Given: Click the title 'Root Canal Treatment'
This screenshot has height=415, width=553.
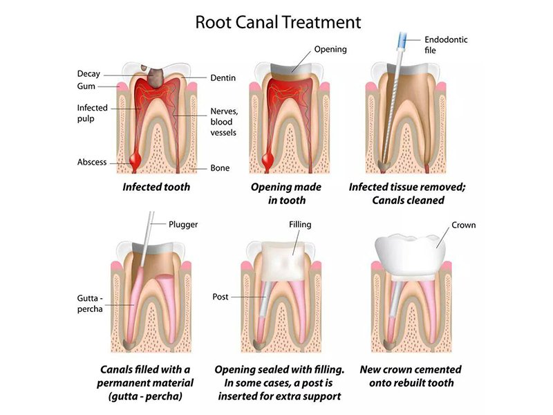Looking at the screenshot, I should coord(277,21).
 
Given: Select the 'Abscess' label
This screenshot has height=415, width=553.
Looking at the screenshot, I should coord(92,163).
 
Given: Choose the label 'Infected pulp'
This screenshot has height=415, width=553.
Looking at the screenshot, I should coord(91,113).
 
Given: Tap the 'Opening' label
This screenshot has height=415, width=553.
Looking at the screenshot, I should coord(330,50).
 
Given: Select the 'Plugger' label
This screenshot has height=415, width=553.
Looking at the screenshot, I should coord(183,224).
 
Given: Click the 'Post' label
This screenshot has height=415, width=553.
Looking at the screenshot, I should coord(221,297).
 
